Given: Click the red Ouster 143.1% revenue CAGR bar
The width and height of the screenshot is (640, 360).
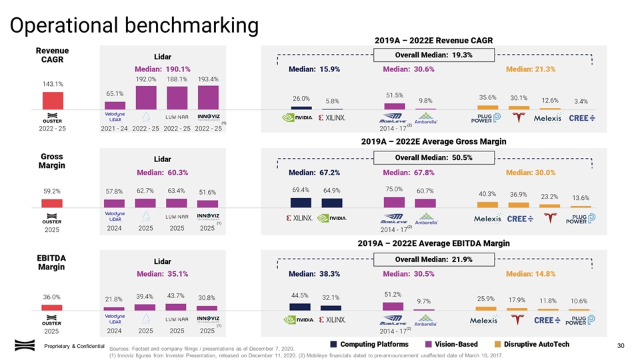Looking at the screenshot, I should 53,100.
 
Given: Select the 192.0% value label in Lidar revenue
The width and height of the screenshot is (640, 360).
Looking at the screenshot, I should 146,79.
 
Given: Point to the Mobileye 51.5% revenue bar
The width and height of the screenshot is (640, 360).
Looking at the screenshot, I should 394,105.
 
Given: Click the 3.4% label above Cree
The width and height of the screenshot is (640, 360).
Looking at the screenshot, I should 581,101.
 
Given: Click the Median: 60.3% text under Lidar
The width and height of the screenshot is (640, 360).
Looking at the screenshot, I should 163,173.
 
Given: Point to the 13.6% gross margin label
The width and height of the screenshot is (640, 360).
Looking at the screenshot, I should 581,198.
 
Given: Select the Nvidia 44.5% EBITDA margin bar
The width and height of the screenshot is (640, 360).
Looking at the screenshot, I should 300,307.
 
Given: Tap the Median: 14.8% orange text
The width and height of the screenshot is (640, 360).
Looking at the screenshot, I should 531,274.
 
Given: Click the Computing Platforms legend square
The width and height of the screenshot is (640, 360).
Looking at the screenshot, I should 334,344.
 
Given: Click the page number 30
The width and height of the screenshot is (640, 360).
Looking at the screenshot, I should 621,345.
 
